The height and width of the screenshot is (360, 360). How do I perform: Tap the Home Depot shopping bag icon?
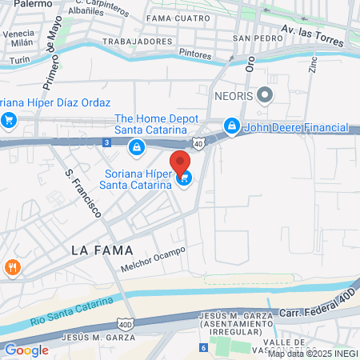(x=138, y=146)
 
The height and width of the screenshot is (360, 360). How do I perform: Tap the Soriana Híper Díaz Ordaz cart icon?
(x=9, y=121)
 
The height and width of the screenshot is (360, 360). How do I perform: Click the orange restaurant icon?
(x=11, y=267)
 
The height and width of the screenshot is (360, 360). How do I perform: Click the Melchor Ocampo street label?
(x=153, y=259)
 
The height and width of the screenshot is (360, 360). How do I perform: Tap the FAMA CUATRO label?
(x=178, y=15)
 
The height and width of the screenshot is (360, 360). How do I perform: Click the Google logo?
(x=26, y=350)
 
